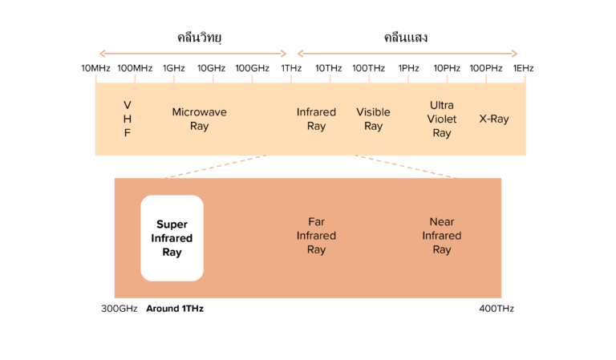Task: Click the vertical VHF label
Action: coord(127,119)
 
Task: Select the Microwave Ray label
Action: coord(199,119)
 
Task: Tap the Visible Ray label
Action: coord(373,119)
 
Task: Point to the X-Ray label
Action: coord(494,119)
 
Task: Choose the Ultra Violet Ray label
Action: coord(442,119)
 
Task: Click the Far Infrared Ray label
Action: coord(316,236)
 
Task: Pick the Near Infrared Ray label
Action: coord(442,236)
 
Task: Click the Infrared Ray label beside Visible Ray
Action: coord(316,119)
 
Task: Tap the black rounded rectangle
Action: coord(172,238)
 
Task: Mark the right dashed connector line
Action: coord(406,166)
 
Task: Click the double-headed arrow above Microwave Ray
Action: coord(192,54)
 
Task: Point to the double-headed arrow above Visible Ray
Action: coord(407,54)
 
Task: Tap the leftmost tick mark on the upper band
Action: coord(96,78)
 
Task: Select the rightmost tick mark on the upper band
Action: coord(525,78)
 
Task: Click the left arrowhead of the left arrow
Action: coord(101,54)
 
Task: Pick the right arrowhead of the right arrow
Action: coord(515,54)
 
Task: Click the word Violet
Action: coord(442,119)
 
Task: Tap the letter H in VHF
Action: coord(127,119)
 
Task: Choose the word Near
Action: coord(442,222)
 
